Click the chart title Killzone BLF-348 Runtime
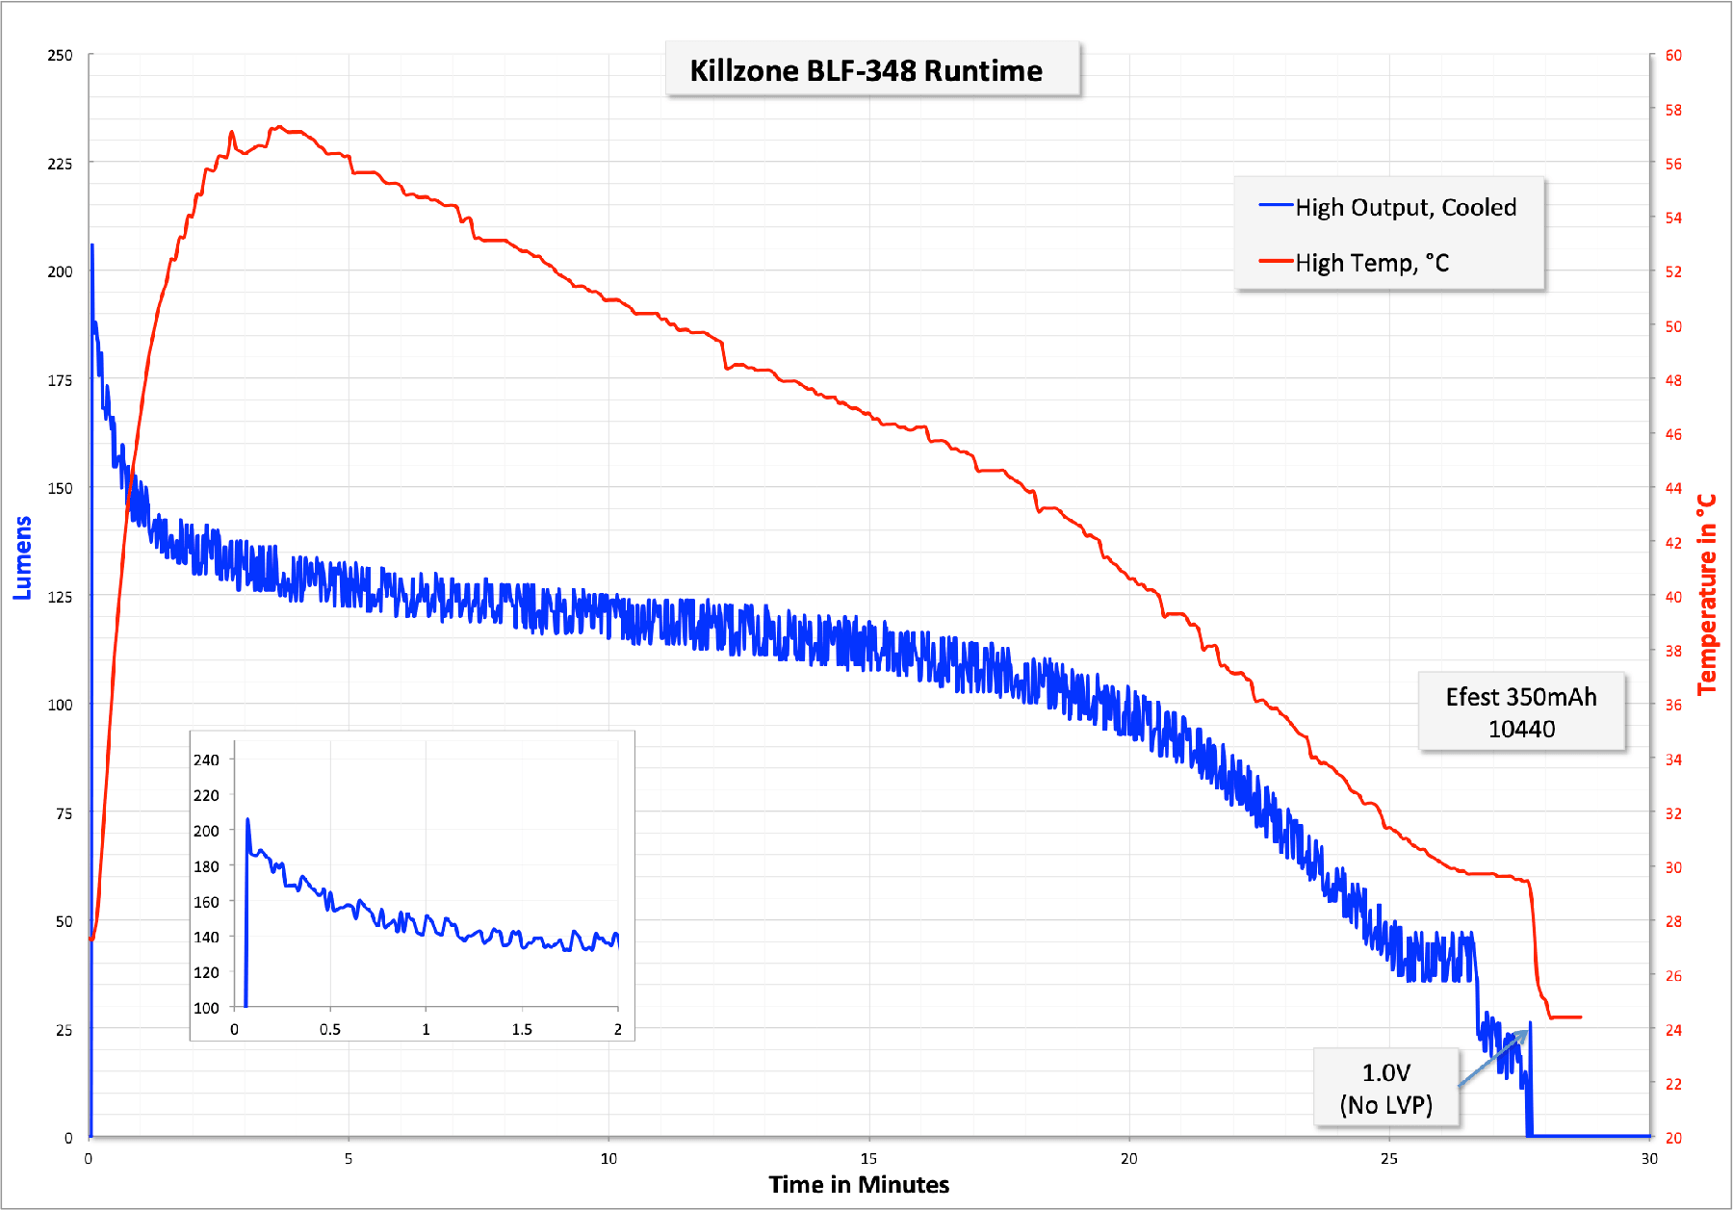pyautogui.click(x=866, y=70)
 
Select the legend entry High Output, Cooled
pyautogui.click(x=1405, y=208)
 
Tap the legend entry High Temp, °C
pyautogui.click(x=1371, y=263)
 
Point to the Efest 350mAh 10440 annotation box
pyautogui.click(x=1521, y=712)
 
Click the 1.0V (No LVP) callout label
pyautogui.click(x=1385, y=1089)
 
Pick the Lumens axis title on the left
pyautogui.click(x=22, y=557)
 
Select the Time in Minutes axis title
pyautogui.click(x=859, y=1184)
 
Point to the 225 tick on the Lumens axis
pyautogui.click(x=60, y=164)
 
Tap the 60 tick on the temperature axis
pyautogui.click(x=1673, y=56)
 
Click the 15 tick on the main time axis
pyautogui.click(x=868, y=1158)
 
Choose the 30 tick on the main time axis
pyautogui.click(x=1649, y=1158)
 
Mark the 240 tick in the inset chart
pyautogui.click(x=206, y=759)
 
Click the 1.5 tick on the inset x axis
pyautogui.click(x=522, y=1029)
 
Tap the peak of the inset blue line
pyautogui.click(x=247, y=820)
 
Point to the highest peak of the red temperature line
pyautogui.click(x=277, y=127)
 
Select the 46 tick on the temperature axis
pyautogui.click(x=1673, y=434)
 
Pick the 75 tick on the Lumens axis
pyautogui.click(x=64, y=813)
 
